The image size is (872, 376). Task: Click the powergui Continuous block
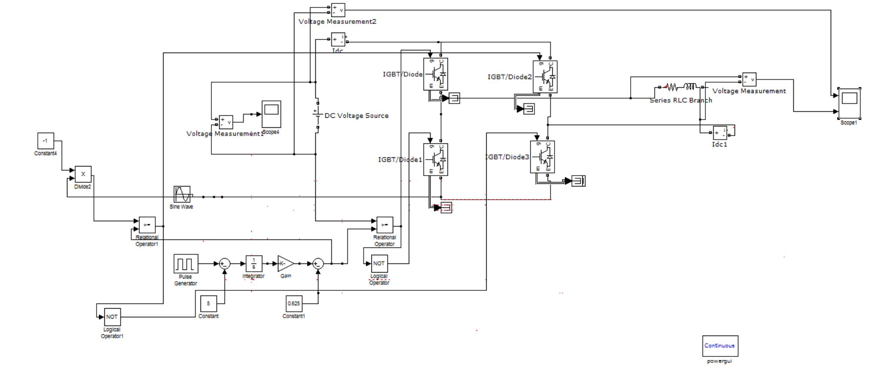(x=720, y=346)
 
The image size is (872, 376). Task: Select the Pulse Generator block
(x=186, y=263)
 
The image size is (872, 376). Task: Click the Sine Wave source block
(x=182, y=194)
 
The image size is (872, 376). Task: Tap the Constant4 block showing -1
(x=45, y=141)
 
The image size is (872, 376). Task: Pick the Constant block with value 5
(x=208, y=303)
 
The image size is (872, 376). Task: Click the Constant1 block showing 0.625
(x=294, y=303)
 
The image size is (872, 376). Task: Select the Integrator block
(x=254, y=263)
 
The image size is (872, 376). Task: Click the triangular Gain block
(x=285, y=263)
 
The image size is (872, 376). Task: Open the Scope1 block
(x=849, y=103)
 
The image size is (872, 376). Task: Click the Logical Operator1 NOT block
(x=112, y=317)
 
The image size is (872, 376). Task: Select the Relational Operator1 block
(x=147, y=225)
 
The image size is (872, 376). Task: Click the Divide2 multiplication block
(x=83, y=174)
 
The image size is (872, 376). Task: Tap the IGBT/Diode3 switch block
(x=542, y=157)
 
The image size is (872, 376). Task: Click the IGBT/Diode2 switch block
(x=545, y=77)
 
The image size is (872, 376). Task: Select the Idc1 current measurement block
(x=720, y=133)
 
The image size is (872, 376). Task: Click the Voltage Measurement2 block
(x=338, y=10)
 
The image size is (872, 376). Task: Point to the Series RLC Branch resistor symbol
(x=672, y=87)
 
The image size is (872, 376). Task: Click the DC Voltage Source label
(x=356, y=116)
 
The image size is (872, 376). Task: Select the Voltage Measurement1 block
(x=226, y=122)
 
